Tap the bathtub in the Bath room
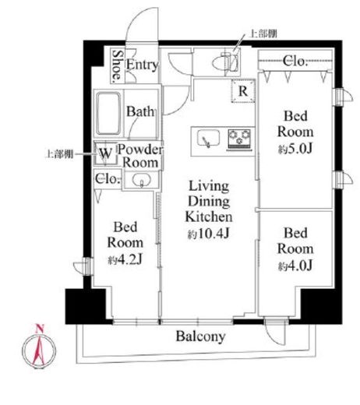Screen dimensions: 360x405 click(108, 113)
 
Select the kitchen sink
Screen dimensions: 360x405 click(208, 138)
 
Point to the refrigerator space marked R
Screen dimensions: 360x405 click(243, 91)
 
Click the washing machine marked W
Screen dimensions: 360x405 click(105, 153)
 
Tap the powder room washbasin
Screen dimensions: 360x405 click(141, 180)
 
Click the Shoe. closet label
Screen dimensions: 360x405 click(117, 65)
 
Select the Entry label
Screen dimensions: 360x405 click(142, 65)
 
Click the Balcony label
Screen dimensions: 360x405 click(200, 336)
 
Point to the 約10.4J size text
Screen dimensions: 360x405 click(209, 234)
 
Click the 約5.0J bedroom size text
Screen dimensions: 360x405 click(295, 149)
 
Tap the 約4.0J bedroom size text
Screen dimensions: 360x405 click(295, 266)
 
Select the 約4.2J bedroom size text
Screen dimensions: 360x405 click(125, 259)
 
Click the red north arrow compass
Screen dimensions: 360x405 click(39, 348)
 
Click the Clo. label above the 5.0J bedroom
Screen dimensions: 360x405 click(295, 62)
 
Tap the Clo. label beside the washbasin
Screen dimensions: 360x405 click(108, 178)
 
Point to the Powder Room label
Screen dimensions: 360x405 click(140, 156)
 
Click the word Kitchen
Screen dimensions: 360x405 click(209, 217)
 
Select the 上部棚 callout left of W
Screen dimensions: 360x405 click(59, 154)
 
